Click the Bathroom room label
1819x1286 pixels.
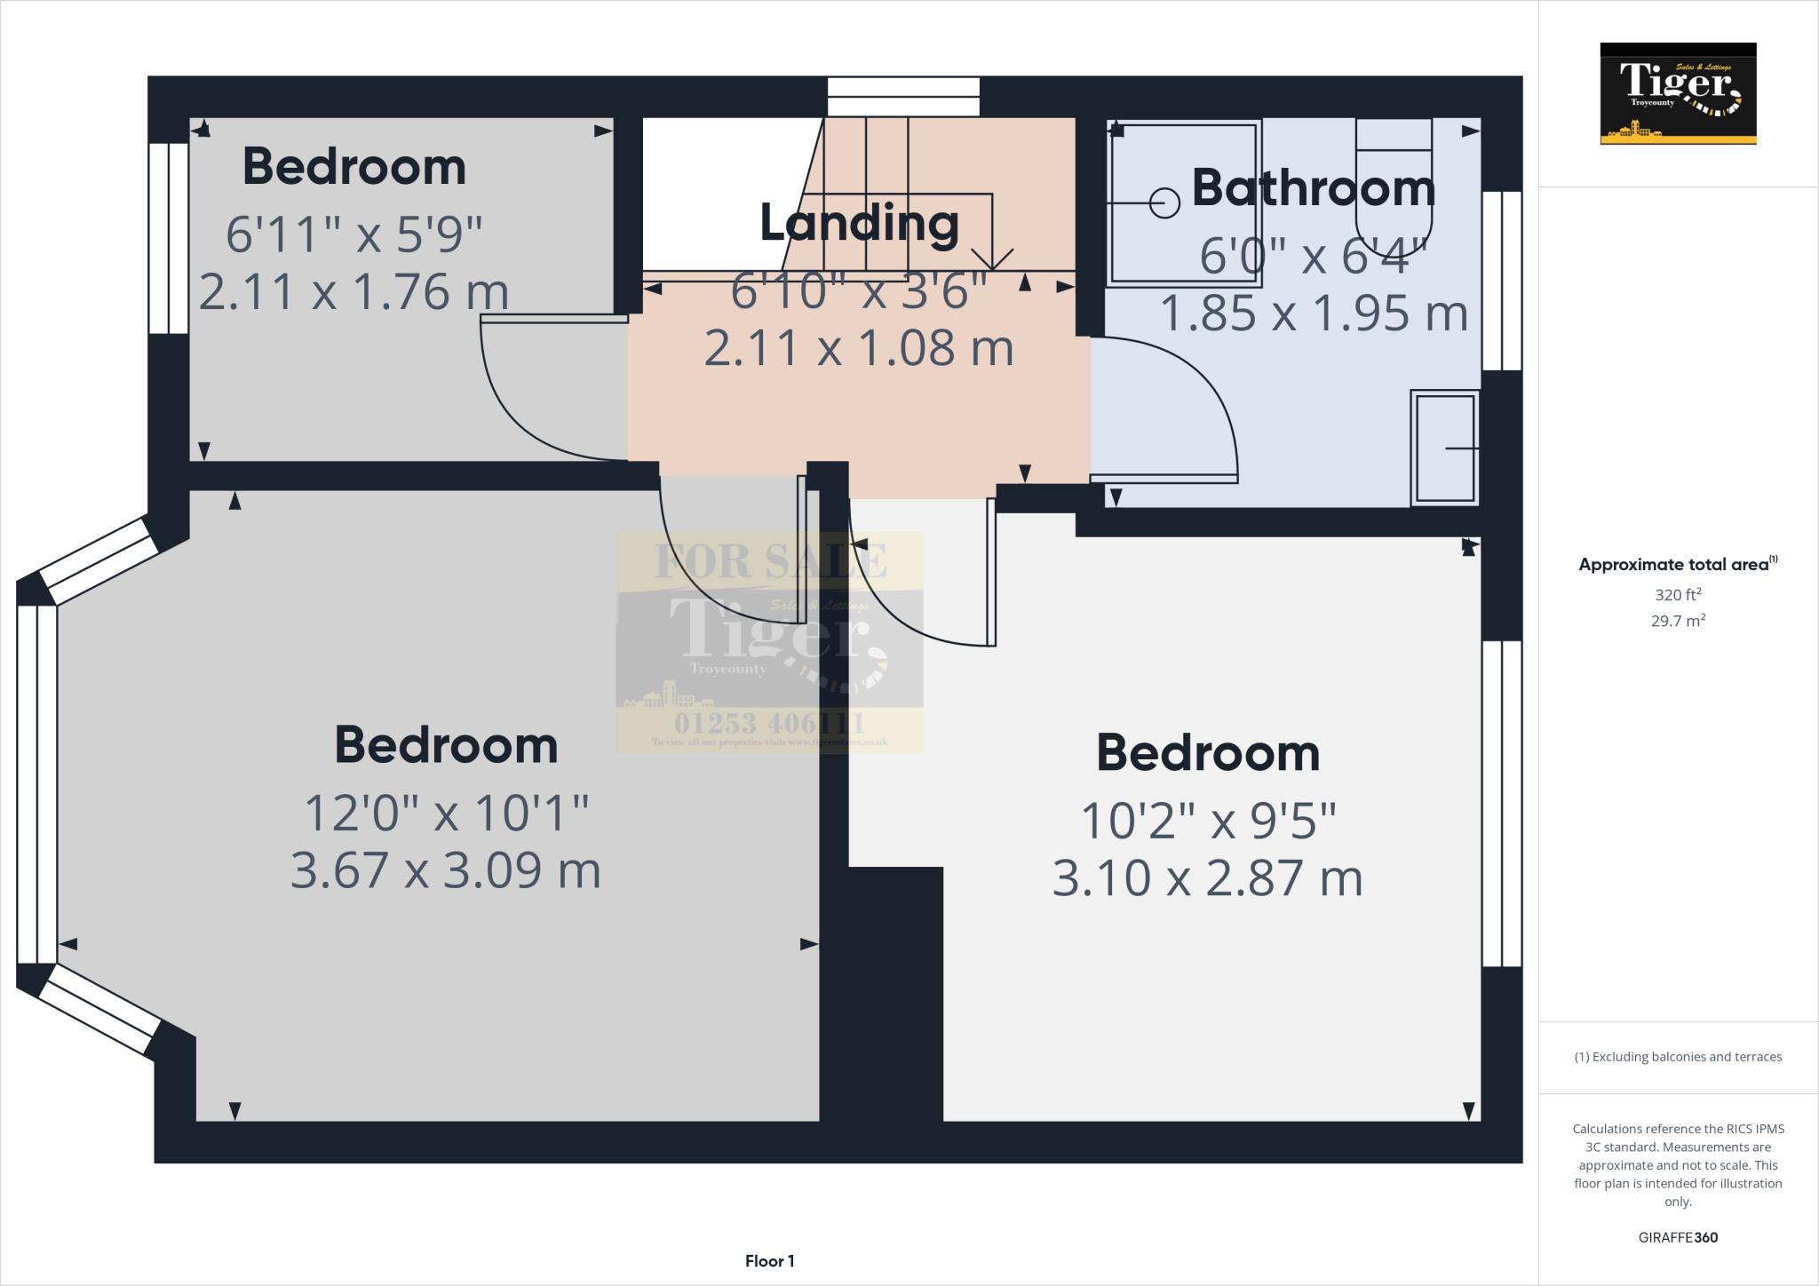1313,188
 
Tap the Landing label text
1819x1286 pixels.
859,223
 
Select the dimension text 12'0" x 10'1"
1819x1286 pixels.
446,813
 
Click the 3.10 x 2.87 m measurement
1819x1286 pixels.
1207,878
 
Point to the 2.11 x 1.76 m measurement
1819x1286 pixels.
353,292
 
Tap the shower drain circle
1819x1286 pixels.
1164,203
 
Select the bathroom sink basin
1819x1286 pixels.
1445,449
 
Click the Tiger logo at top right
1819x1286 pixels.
1678,93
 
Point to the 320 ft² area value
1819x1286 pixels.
1678,594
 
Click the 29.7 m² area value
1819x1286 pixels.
1678,621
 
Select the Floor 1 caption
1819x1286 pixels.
769,1261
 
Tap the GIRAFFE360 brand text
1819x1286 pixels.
1678,1237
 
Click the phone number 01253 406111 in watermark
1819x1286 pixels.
769,723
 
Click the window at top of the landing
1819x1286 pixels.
903,96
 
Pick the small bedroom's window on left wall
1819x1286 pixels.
169,238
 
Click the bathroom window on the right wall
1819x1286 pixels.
1502,281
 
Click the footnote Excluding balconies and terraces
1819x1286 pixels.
1678,1057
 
